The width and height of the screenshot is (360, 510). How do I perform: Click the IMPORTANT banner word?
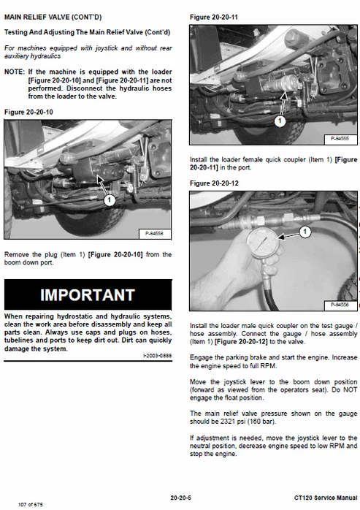click(x=88, y=294)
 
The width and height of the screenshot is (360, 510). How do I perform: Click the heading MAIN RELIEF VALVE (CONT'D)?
click(x=53, y=18)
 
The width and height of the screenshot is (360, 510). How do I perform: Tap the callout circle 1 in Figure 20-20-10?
click(x=110, y=200)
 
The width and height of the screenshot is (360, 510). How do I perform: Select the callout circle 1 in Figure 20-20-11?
click(x=280, y=121)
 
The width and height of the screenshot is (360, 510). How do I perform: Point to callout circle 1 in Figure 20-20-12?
click(x=305, y=232)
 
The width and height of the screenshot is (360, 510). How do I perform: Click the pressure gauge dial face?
click(x=263, y=243)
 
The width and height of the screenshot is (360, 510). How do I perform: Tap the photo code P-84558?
click(x=154, y=234)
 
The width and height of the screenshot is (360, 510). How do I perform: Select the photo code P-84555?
click(x=340, y=139)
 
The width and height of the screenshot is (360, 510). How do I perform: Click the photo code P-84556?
click(x=340, y=305)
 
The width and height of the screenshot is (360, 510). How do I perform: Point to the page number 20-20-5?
click(x=181, y=498)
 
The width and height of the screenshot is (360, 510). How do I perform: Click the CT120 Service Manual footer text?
click(x=326, y=498)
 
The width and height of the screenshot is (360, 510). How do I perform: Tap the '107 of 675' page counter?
click(x=30, y=504)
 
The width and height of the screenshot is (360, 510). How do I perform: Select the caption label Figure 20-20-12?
click(x=214, y=183)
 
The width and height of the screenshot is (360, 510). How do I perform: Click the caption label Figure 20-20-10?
click(x=28, y=113)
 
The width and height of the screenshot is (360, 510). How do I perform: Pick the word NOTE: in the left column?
click(x=15, y=72)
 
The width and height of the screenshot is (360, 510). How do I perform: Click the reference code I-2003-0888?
click(x=158, y=356)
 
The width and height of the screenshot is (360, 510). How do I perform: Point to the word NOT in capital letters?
click(x=351, y=389)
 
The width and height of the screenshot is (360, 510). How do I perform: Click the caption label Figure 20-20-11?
click(x=214, y=18)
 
